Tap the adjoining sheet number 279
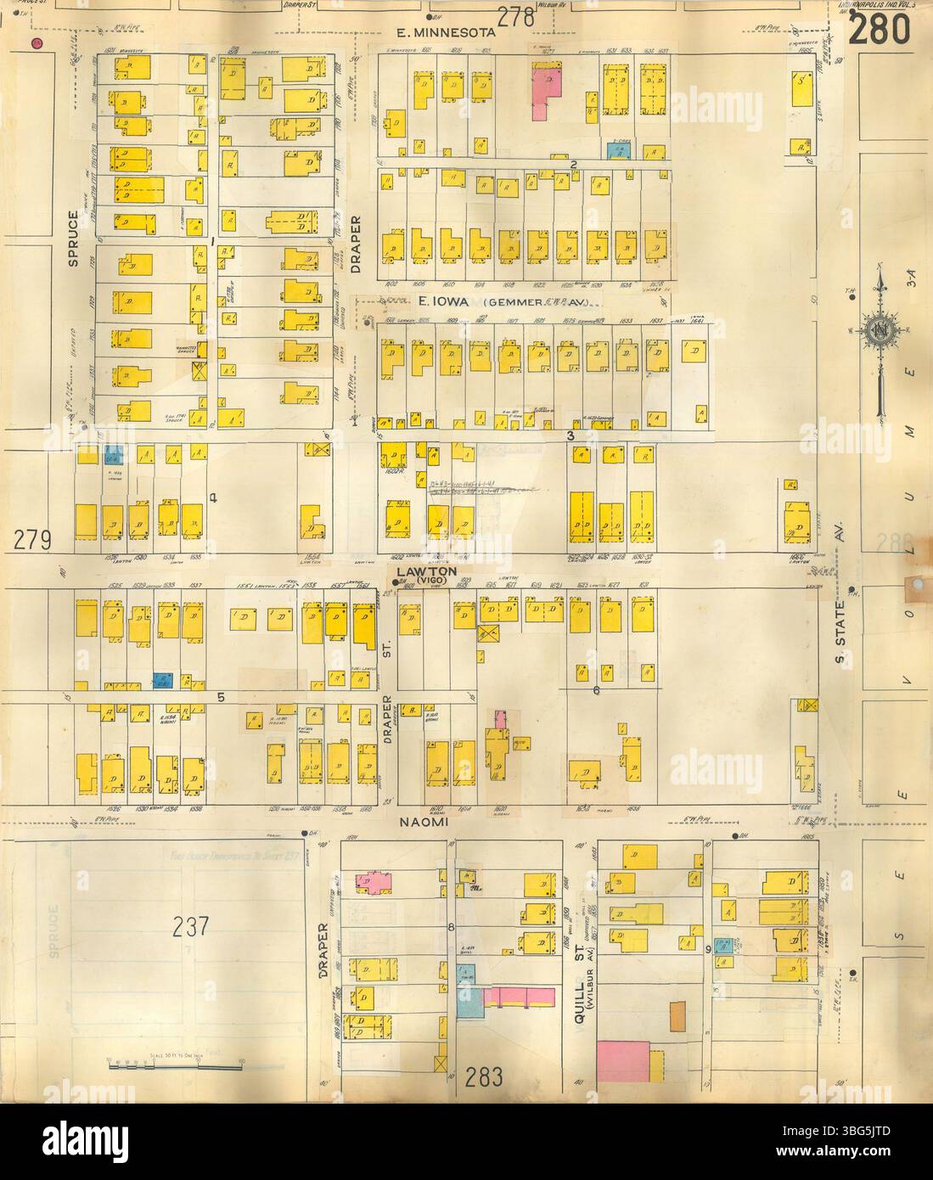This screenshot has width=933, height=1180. coord(34,539)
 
